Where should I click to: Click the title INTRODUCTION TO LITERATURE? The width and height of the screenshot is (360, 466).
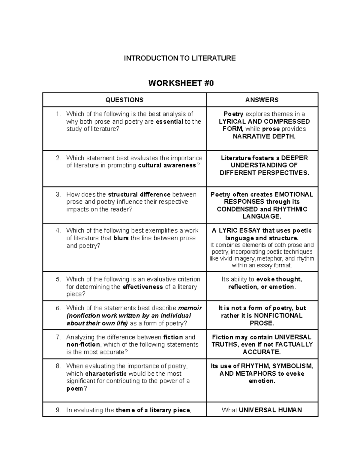point(180,58)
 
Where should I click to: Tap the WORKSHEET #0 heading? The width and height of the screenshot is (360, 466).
point(181,83)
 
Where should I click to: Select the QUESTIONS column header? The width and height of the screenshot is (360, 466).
point(124,100)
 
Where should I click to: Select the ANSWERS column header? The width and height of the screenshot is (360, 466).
point(262,100)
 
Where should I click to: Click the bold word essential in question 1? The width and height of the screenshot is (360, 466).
point(169,122)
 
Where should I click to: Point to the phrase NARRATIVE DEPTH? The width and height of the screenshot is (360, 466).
point(264,137)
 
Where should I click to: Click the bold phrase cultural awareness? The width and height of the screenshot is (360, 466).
point(167,165)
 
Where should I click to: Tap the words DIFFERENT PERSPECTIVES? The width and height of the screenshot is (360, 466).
point(264,173)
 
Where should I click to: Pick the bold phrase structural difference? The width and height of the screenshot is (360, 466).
point(139,194)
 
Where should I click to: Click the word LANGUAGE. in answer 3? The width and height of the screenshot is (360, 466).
point(262,216)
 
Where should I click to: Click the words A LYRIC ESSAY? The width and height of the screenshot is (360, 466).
point(236,230)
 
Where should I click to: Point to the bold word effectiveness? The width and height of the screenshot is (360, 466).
point(143,287)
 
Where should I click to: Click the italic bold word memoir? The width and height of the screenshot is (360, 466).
point(190,308)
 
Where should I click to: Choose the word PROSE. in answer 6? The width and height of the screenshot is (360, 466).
point(262,323)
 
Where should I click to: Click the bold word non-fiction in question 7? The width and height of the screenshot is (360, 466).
point(83,344)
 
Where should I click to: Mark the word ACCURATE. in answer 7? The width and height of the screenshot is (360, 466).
point(262,352)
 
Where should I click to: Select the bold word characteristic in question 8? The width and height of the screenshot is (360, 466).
point(106,374)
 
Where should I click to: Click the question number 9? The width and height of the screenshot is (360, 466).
point(59,410)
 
